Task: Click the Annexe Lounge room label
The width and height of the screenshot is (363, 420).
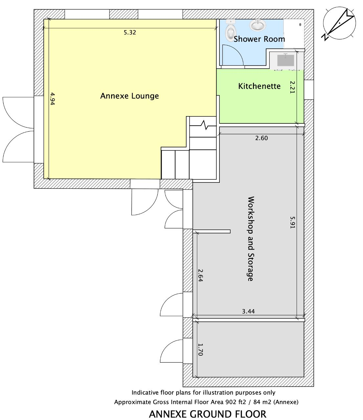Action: pyautogui.click(x=129, y=96)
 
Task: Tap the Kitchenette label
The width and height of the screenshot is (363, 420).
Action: pyautogui.click(x=259, y=86)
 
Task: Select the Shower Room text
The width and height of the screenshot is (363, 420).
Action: pyautogui.click(x=259, y=39)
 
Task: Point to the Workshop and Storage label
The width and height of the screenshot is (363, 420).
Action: pyautogui.click(x=251, y=239)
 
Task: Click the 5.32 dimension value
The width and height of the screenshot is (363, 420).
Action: pyautogui.click(x=130, y=32)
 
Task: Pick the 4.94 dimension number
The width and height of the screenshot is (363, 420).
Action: pyautogui.click(x=52, y=99)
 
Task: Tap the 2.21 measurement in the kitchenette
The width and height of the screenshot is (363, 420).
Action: pyautogui.click(x=292, y=87)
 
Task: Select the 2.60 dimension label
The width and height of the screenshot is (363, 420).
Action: pyautogui.click(x=261, y=138)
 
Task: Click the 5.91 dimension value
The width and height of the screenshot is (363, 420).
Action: pyautogui.click(x=292, y=222)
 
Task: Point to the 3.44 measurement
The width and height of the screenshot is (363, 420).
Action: pyautogui.click(x=248, y=311)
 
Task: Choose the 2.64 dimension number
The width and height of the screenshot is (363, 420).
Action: pyautogui.click(x=200, y=275)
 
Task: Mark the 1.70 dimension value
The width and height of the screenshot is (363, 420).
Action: pyautogui.click(x=200, y=350)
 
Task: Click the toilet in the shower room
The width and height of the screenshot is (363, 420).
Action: pyautogui.click(x=231, y=31)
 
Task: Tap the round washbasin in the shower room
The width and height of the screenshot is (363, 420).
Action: pyautogui.click(x=258, y=25)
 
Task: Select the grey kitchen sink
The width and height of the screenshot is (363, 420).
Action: pyautogui.click(x=286, y=60)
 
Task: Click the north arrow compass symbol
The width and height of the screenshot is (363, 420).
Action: pyautogui.click(x=339, y=23)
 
